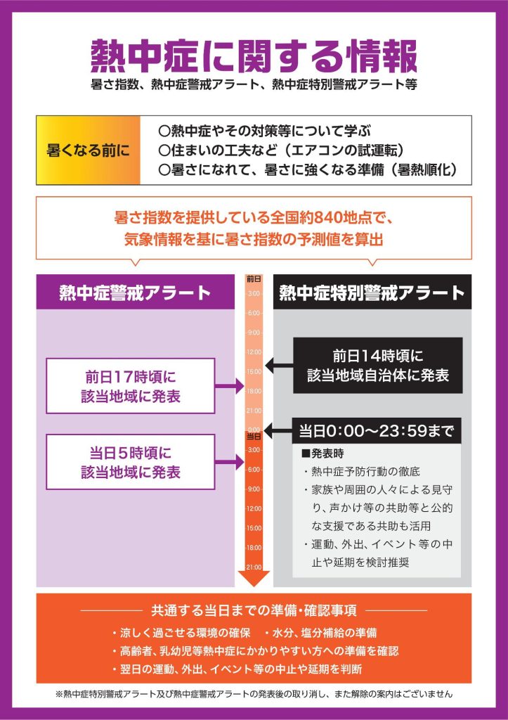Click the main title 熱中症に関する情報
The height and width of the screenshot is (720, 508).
[254, 56]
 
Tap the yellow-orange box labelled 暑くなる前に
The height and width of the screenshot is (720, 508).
[88, 150]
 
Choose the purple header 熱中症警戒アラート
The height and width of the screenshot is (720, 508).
[136, 292]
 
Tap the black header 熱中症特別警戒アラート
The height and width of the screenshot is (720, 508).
[372, 292]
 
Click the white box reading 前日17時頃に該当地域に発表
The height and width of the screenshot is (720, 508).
[131, 386]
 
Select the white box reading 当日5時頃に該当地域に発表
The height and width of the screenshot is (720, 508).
[131, 462]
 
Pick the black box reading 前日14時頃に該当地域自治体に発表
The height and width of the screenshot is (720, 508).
[378, 366]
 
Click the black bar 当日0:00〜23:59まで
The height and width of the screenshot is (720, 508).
[377, 431]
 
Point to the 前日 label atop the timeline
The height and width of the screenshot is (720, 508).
[254, 278]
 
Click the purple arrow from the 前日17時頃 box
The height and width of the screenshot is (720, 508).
[230, 386]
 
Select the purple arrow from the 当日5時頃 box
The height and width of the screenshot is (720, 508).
[230, 462]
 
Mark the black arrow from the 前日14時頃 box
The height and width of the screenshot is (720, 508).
[279, 366]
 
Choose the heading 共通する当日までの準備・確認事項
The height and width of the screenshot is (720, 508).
[254, 611]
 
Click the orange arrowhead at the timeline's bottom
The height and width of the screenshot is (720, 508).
[254, 579]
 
